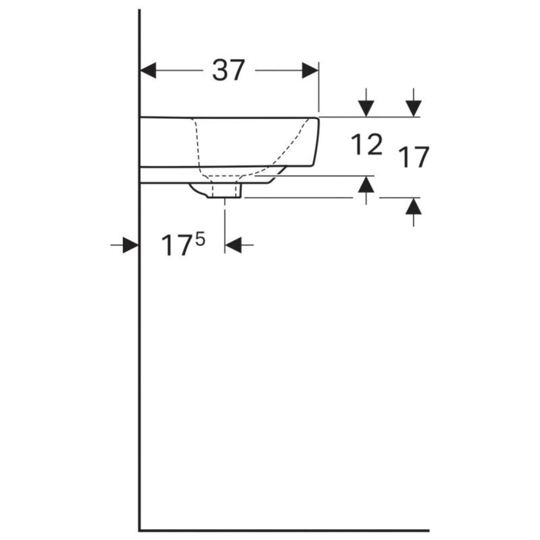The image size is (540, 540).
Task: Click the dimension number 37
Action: pyautogui.click(x=229, y=70)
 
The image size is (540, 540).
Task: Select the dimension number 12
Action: pyautogui.click(x=367, y=144)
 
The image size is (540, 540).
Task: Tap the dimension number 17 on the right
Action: pyautogui.click(x=413, y=157)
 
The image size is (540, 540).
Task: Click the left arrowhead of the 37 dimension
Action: pyautogui.click(x=148, y=70)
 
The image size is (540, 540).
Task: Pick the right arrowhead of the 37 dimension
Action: pyautogui.click(x=310, y=70)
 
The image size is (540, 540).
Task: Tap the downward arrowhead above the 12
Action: pyautogui.click(x=366, y=109)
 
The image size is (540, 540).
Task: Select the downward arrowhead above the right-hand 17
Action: pyautogui.click(x=413, y=109)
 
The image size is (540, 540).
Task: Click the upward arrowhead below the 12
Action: pyautogui.click(x=366, y=184)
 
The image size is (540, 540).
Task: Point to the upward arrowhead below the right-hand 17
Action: pyautogui.click(x=413, y=206)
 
